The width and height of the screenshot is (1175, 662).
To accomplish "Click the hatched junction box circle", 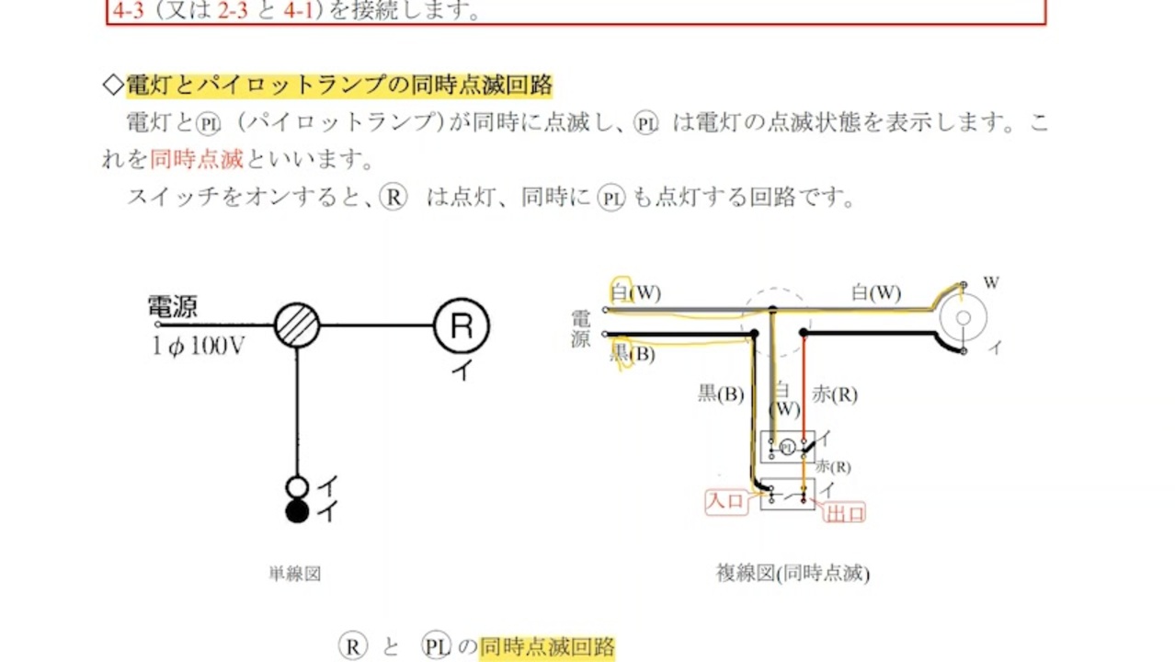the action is point(297,325).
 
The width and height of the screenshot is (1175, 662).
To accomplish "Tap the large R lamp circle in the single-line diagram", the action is point(462,325).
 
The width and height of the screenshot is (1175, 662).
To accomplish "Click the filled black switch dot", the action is point(297,511).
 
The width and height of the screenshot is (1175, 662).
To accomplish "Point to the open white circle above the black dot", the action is point(297,487).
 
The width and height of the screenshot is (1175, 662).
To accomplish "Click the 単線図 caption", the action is point(294,574).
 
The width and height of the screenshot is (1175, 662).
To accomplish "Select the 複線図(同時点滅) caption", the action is point(793,574).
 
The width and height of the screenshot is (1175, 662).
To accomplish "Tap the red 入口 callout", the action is point(726,501).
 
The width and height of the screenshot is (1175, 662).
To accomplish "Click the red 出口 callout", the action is point(845,513).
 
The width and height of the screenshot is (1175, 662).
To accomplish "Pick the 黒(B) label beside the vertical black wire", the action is point(721,394).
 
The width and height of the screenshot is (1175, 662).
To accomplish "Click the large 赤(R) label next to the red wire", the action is point(835,394).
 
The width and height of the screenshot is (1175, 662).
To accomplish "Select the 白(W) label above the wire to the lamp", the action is point(876,292).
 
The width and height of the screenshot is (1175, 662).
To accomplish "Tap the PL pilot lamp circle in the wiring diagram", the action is point(787,448).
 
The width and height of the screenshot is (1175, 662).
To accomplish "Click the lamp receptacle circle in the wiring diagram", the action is point(964,318).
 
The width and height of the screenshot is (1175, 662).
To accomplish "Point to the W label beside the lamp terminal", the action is point(991,283).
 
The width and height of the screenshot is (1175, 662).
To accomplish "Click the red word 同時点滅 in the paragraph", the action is point(197,159).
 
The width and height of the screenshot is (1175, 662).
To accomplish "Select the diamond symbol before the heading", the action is point(113,85).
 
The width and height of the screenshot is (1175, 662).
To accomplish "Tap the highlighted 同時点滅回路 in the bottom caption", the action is point(547,646).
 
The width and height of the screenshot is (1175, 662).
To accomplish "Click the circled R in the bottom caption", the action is point(352,646).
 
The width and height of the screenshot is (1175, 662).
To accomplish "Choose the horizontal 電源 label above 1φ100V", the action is point(173,307).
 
